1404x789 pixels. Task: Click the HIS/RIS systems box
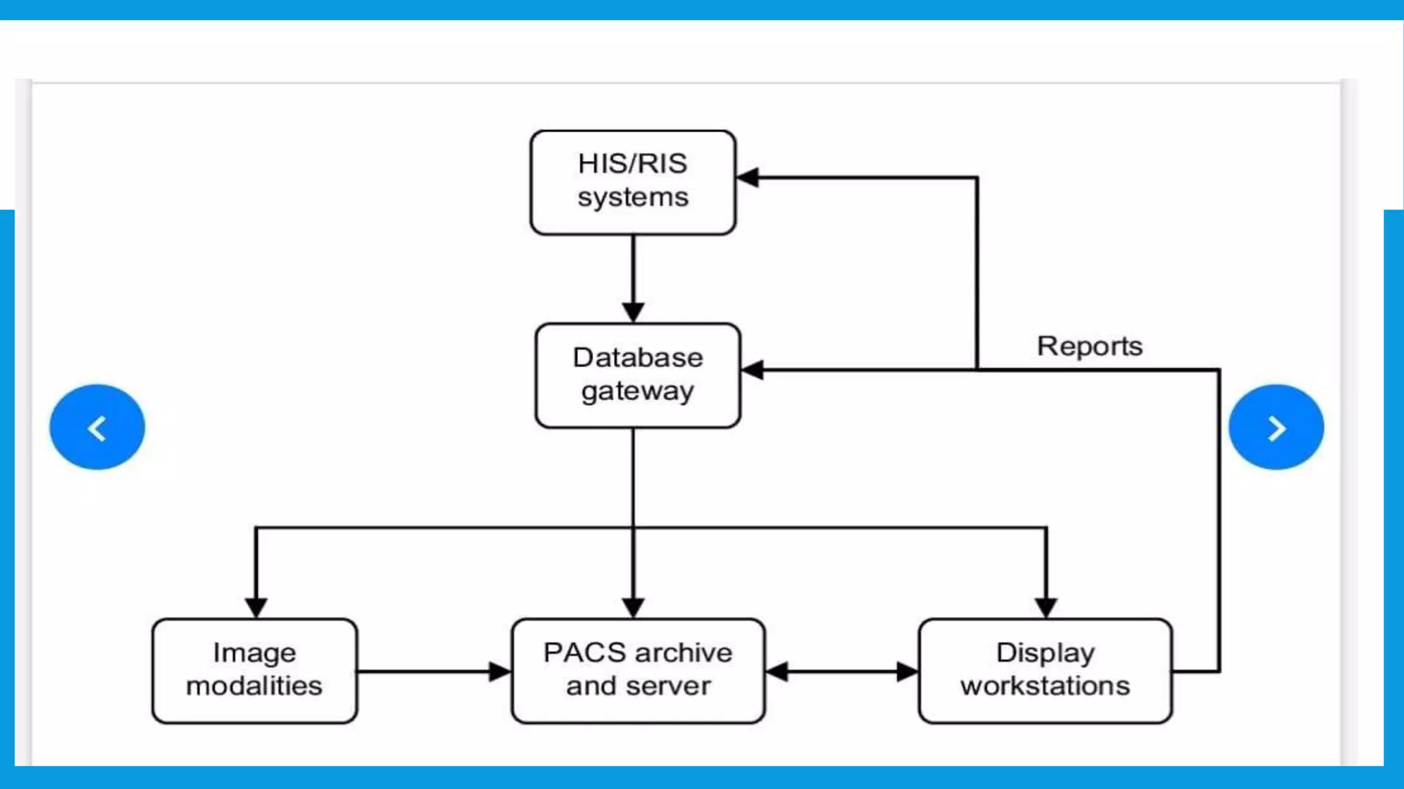(633, 182)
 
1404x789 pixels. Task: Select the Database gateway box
(638, 375)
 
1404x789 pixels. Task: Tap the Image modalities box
(254, 671)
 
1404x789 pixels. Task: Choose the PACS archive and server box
(638, 671)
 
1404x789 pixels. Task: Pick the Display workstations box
(1045, 671)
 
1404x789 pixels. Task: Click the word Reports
(1089, 346)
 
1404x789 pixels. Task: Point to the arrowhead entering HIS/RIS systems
(748, 177)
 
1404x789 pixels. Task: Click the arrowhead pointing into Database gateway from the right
(753, 371)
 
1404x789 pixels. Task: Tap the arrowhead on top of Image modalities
(256, 607)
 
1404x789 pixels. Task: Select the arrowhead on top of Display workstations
(1045, 607)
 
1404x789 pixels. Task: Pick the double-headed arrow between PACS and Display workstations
(841, 672)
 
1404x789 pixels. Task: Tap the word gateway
(638, 392)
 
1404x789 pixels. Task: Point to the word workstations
(1045, 686)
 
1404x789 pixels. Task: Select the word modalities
(254, 686)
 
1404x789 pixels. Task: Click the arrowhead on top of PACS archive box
(633, 607)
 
